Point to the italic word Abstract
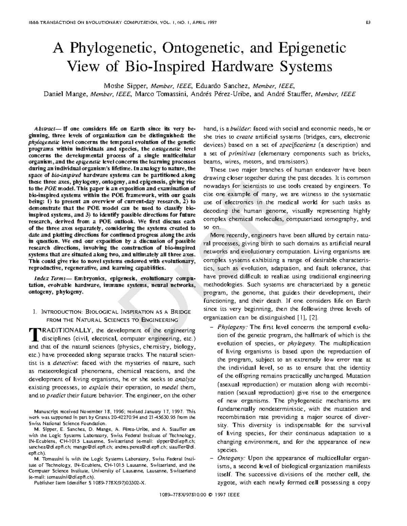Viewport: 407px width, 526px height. click(x=45, y=129)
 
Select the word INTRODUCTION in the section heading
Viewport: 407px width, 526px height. click(x=60, y=312)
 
